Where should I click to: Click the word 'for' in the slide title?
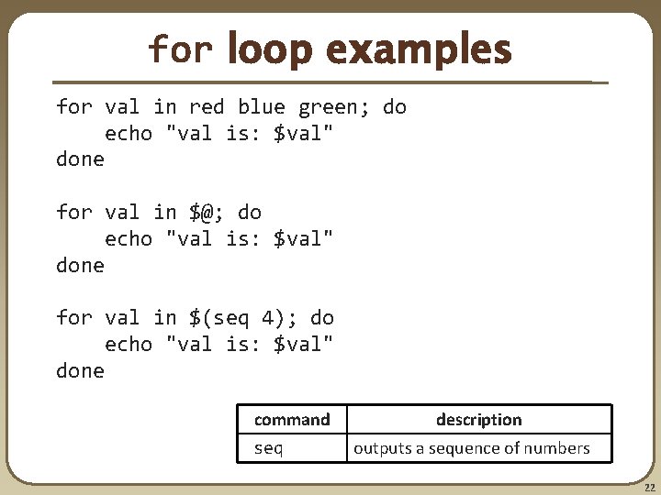coord(180,49)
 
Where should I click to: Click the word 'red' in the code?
coord(207,107)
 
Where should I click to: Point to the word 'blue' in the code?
coord(262,107)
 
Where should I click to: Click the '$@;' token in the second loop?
coord(207,213)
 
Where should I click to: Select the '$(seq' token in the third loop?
coord(218,318)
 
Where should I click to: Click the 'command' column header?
coord(292,420)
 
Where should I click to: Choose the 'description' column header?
coord(478,420)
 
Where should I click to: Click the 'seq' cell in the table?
coord(268,448)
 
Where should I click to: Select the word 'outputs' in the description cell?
coord(380,448)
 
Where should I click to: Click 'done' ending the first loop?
coord(81,159)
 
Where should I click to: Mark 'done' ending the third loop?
coord(81,371)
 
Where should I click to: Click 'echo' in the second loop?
coord(129,239)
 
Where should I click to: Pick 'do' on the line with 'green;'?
coord(395,107)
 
